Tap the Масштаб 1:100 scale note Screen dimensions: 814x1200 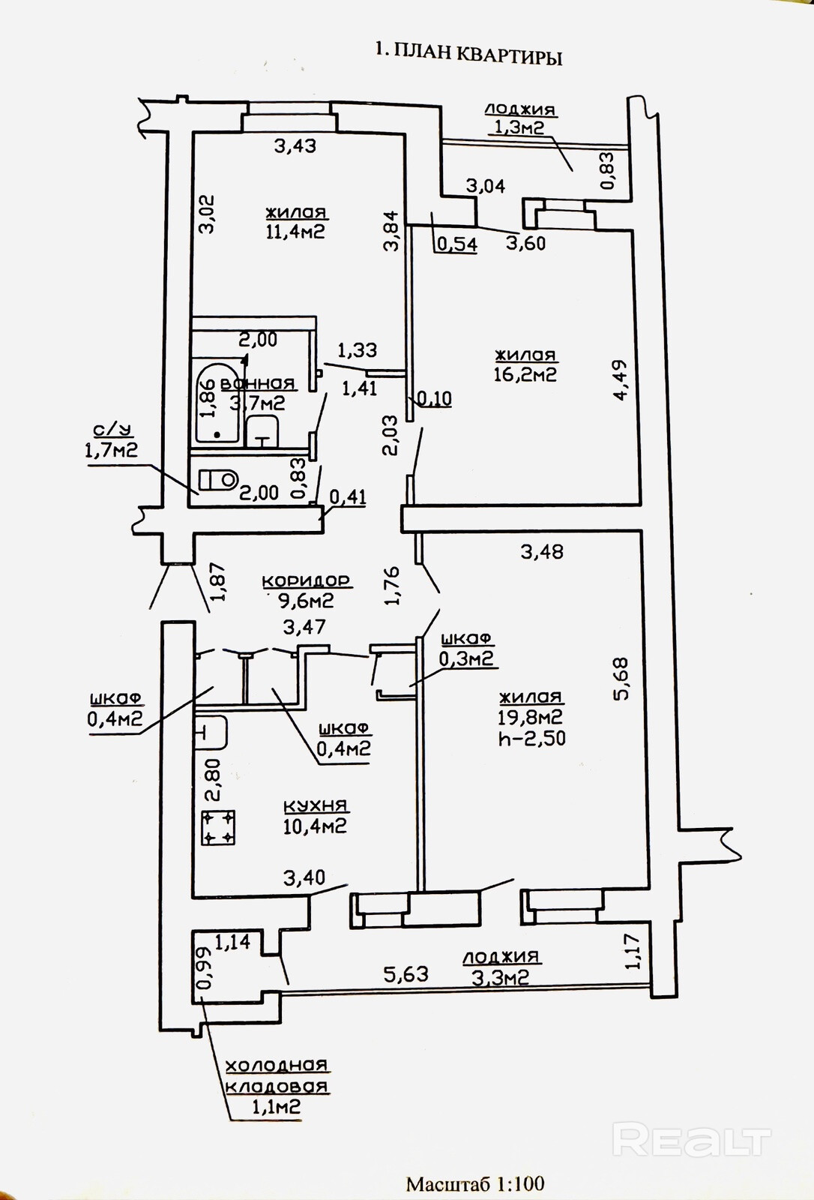[x=475, y=1183]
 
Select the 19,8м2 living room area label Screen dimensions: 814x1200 [x=531, y=717]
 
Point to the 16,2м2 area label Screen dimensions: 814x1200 [x=525, y=374]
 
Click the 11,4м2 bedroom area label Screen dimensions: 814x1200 [x=295, y=231]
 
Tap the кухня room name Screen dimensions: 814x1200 [x=316, y=805]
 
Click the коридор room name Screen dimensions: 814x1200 [x=306, y=580]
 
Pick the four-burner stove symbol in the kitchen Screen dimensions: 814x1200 [x=219, y=828]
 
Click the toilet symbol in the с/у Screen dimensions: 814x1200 [x=218, y=479]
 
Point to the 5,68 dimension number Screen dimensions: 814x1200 [x=621, y=678]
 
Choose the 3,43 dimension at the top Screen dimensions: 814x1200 [x=295, y=145]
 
